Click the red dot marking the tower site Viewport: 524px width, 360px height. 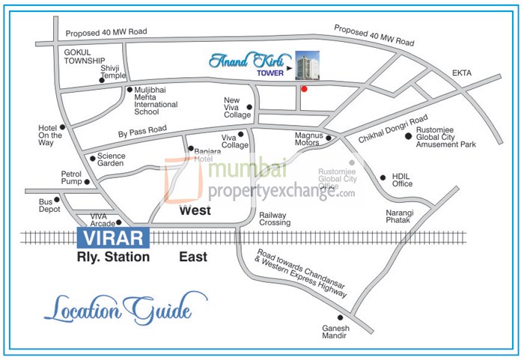304,90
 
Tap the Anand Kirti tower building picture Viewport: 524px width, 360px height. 307,66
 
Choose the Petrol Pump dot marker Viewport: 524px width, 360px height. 87,181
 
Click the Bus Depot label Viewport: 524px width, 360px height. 49,206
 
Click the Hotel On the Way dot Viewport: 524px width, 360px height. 62,127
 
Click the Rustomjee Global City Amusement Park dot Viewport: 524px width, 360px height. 408,136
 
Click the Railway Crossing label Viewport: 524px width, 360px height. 274,219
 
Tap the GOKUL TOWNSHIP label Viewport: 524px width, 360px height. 84,56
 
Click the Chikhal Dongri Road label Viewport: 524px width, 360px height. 392,128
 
